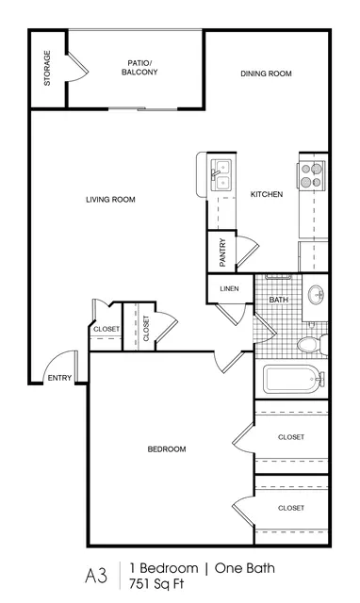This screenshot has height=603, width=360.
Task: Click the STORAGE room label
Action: pos(47,68)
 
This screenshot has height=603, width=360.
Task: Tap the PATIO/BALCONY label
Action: pos(139,67)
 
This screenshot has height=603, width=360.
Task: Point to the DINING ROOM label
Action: pos(266,73)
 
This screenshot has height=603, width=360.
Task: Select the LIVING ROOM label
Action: pos(110,199)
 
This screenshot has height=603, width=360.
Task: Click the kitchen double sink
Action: pos(221,175)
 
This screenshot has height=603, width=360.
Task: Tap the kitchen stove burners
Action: pos(311,175)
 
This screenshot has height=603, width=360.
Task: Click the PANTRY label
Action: pos(222,253)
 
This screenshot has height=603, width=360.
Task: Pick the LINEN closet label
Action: pos(229,288)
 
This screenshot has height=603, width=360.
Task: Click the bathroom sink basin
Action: pos(316,295)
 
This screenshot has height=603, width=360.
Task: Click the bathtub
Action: pos(294,379)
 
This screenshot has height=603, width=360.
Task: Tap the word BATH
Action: pos(278,300)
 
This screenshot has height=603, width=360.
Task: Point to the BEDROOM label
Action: pos(167,448)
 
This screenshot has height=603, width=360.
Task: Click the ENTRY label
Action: pos(59,378)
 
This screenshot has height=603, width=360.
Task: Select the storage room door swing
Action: pos(78,67)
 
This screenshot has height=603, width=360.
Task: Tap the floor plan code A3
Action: pos(96,576)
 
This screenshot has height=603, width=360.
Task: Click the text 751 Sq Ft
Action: pos(156,584)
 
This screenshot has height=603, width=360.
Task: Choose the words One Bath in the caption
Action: pos(245,568)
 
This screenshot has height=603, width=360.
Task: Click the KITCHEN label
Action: pos(267,194)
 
